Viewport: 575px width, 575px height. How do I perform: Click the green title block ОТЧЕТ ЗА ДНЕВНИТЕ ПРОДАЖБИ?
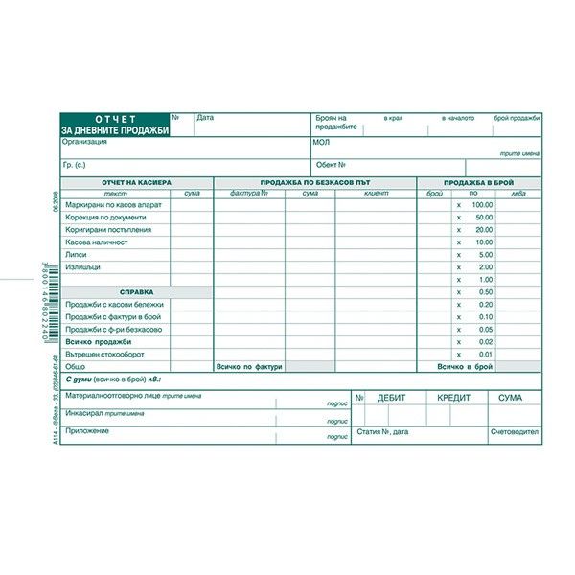[114, 124]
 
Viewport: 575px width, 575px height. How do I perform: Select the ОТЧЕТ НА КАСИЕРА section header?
[136, 182]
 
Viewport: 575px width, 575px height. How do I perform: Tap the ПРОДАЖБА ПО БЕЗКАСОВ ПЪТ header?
[313, 182]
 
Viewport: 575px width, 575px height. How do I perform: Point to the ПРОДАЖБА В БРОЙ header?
[479, 182]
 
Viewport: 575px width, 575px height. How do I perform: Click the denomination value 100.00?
[481, 205]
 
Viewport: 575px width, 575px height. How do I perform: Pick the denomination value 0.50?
[485, 292]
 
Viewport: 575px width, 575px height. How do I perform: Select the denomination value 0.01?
[485, 355]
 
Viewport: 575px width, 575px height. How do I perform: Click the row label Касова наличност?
[96, 242]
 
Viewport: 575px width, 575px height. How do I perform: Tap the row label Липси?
[77, 255]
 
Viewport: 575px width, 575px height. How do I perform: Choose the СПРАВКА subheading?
[136, 292]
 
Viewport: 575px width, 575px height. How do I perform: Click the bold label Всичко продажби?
[100, 342]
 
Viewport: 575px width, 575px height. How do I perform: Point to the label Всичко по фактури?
[249, 367]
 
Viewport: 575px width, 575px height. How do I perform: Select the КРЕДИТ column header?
[453, 397]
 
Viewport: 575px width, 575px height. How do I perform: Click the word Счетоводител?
[515, 432]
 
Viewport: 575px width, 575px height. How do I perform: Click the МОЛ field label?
[321, 142]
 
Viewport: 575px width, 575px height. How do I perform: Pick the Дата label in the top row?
[205, 118]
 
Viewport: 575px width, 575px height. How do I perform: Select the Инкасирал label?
[85, 413]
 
